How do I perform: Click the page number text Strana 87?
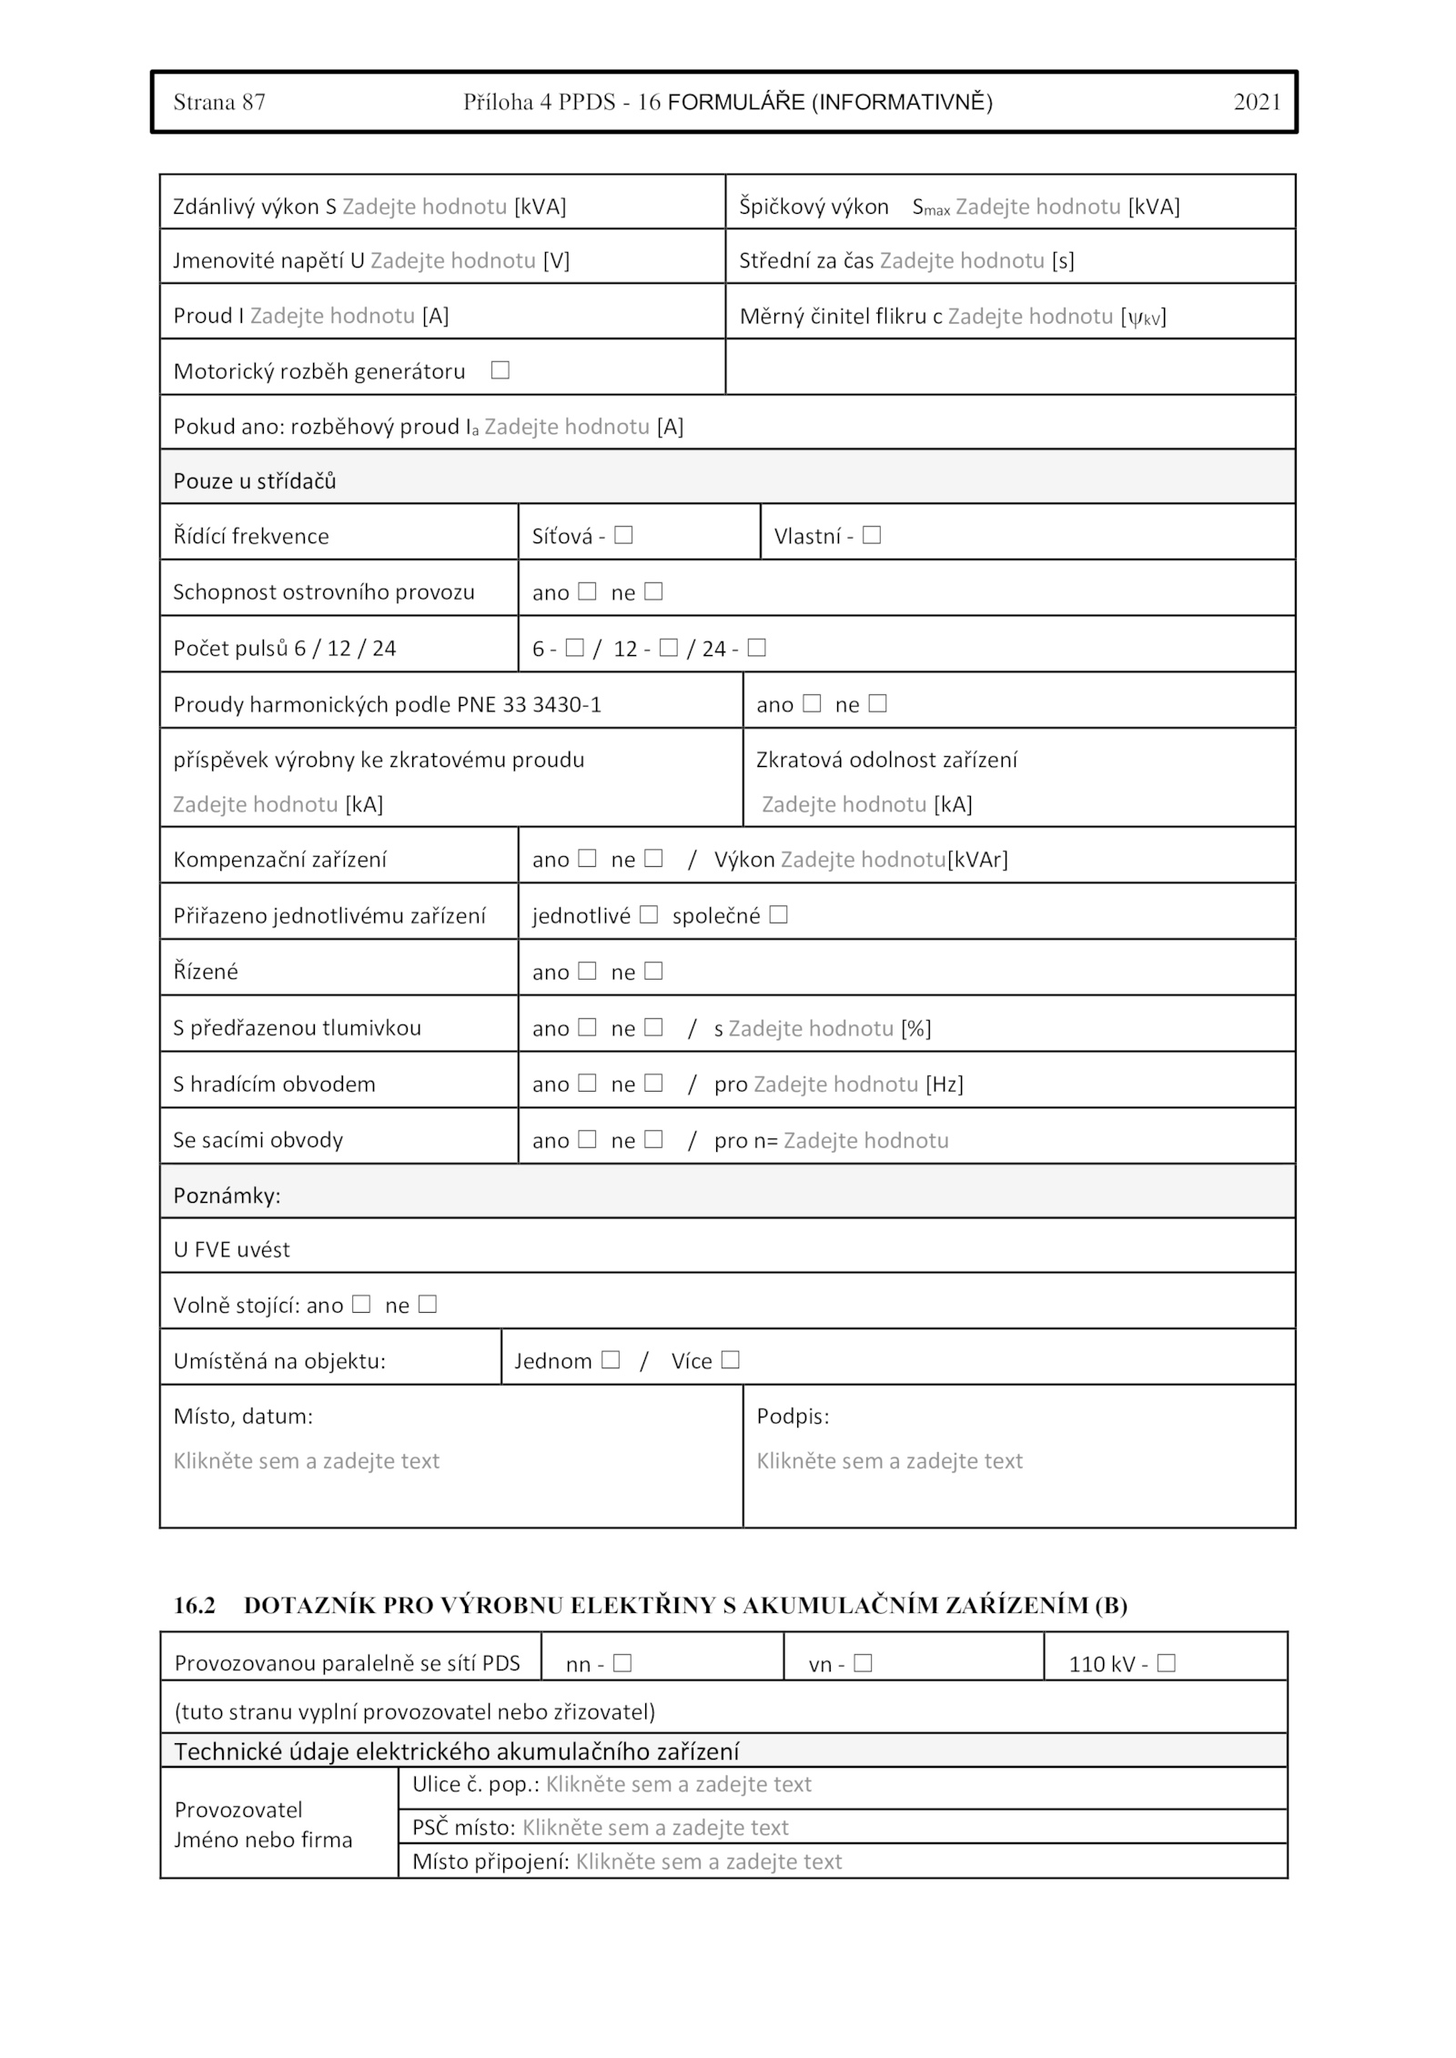point(219,102)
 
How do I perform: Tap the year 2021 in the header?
point(1257,102)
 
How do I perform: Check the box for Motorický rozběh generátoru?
point(500,370)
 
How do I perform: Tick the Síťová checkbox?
point(623,535)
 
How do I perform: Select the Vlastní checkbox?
point(872,535)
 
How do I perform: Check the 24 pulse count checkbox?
point(756,648)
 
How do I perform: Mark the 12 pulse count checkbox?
point(669,648)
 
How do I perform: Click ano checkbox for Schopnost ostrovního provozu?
point(587,591)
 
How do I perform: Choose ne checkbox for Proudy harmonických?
point(877,703)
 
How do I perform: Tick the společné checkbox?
point(778,914)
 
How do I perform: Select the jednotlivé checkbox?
point(649,914)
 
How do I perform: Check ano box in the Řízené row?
point(587,971)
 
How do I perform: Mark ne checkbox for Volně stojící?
point(428,1305)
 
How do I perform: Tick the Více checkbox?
point(730,1360)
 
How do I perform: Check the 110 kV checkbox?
point(1167,1663)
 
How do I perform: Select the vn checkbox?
point(864,1663)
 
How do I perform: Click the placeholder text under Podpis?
point(889,1461)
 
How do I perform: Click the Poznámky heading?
point(227,1195)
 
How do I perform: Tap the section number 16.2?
point(195,1605)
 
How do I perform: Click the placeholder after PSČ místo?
point(655,1827)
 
